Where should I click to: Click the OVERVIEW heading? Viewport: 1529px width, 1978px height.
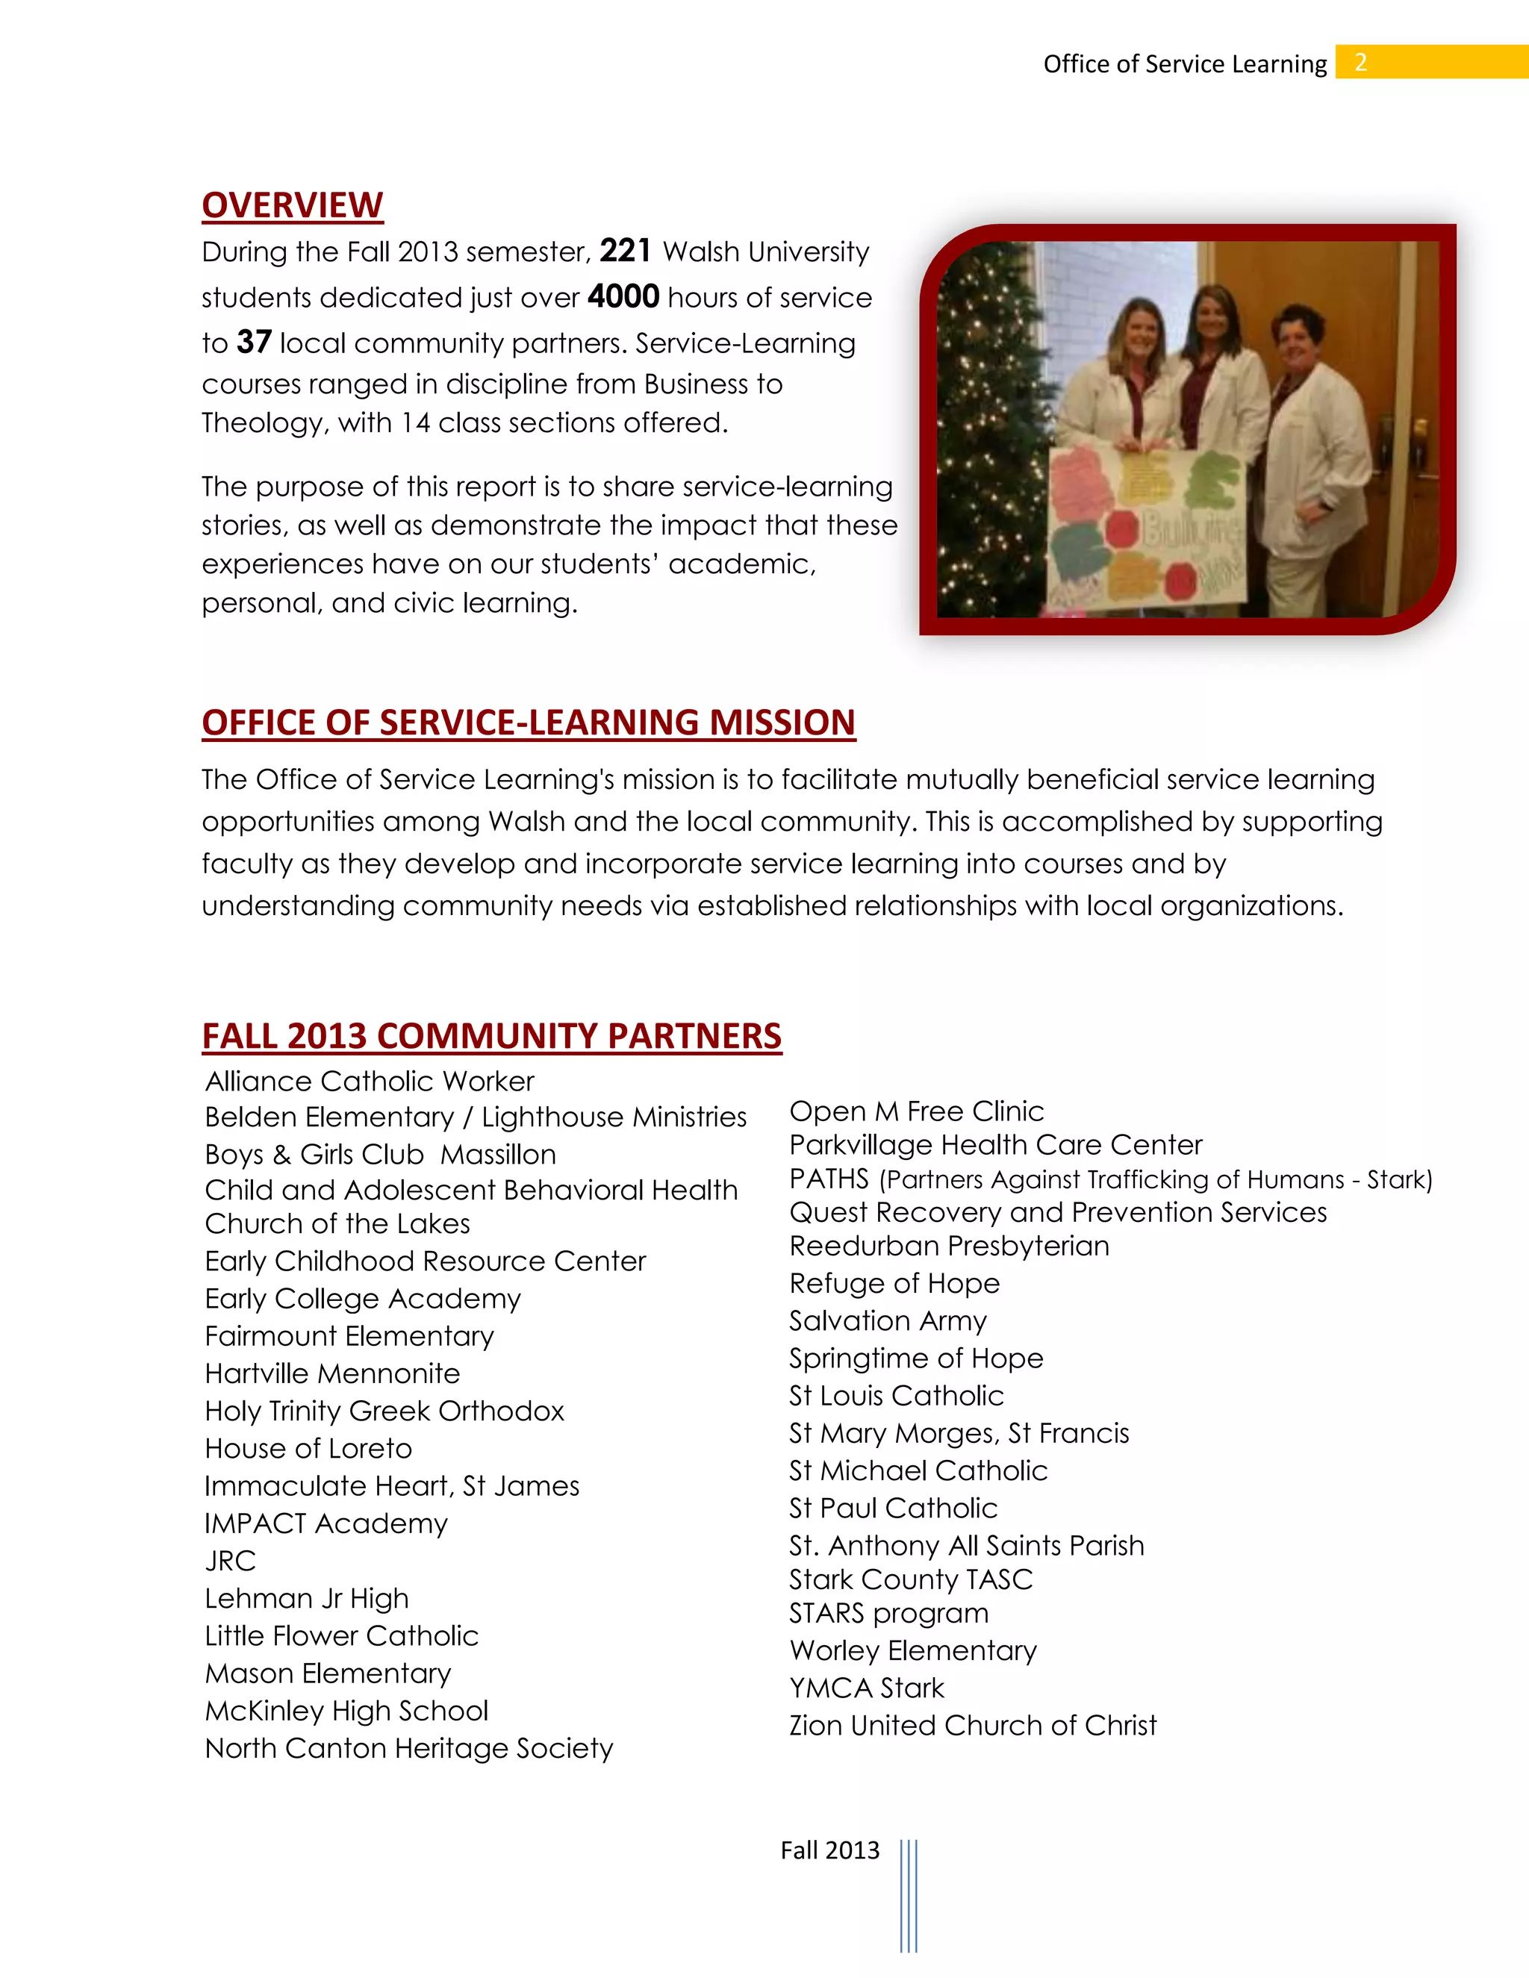(293, 205)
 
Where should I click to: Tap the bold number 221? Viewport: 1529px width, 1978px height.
(625, 251)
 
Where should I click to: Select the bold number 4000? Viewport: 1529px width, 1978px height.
(623, 297)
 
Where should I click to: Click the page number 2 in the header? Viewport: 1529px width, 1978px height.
(1360, 63)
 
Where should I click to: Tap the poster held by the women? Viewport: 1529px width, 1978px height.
(1146, 525)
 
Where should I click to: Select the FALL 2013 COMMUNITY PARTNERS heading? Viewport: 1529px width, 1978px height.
(491, 1036)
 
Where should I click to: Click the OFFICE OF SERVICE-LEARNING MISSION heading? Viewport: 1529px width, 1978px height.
(528, 723)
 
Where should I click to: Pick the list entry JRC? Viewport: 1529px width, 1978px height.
(230, 1561)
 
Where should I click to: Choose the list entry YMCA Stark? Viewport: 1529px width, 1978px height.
(866, 1688)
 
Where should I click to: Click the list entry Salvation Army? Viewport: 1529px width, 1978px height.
(888, 1320)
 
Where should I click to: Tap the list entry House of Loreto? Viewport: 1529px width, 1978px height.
(308, 1448)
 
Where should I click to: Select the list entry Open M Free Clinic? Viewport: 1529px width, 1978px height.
(916, 1111)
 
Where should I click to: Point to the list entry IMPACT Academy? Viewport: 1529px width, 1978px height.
(326, 1523)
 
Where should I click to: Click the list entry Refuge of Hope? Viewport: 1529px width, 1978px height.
(894, 1283)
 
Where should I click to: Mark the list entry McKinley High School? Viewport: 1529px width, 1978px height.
(346, 1711)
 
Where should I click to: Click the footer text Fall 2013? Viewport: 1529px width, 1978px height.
(829, 1850)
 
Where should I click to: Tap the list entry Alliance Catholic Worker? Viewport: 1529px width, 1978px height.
(370, 1082)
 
